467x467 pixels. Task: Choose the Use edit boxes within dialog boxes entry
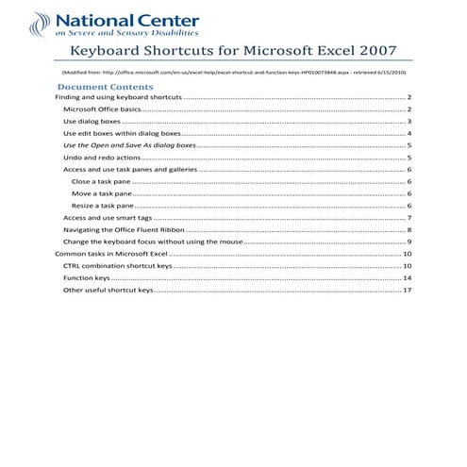click(121, 134)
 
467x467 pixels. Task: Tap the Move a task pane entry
click(101, 192)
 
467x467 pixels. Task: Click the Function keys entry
click(86, 278)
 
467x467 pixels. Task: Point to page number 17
click(407, 291)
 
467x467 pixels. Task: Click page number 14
click(407, 278)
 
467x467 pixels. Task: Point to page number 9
click(409, 242)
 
